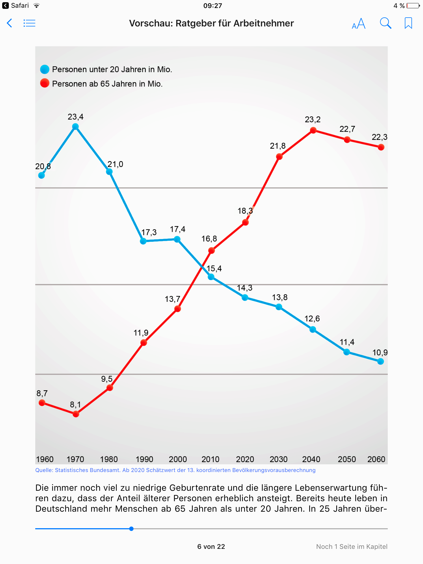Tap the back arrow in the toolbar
[x=9, y=23]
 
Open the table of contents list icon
[x=29, y=23]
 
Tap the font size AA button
[x=359, y=23]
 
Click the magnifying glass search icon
[x=386, y=23]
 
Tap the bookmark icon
[x=408, y=23]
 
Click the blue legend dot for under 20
[x=45, y=69]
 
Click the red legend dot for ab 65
[x=45, y=83]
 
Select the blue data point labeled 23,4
[x=75, y=127]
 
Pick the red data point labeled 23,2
[x=313, y=130]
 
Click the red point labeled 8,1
[x=76, y=414]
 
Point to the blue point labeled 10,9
[x=381, y=361]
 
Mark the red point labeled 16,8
[x=211, y=251]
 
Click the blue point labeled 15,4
[x=211, y=277]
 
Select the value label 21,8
[x=278, y=146]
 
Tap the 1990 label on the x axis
[x=144, y=459]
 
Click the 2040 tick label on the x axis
[x=311, y=459]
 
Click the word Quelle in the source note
[x=44, y=470]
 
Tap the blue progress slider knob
[x=131, y=529]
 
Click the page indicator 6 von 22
[x=211, y=547]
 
